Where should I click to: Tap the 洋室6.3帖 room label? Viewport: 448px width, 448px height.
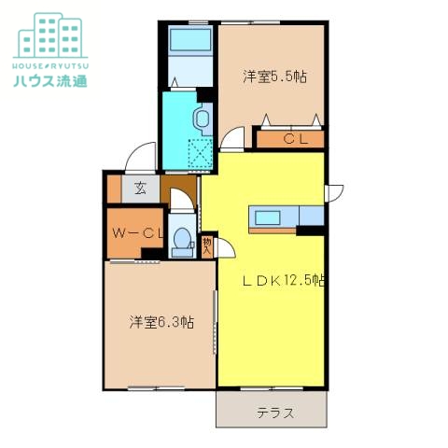[x=161, y=322]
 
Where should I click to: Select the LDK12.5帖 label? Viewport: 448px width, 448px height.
[x=284, y=279]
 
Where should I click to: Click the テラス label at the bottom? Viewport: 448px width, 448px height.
[x=275, y=412]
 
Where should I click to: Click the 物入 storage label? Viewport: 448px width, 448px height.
[x=207, y=247]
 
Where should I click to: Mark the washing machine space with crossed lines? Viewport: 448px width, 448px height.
[x=201, y=153]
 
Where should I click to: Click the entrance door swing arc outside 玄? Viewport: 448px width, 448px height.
[x=140, y=155]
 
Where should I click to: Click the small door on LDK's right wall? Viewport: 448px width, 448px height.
[x=331, y=193]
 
